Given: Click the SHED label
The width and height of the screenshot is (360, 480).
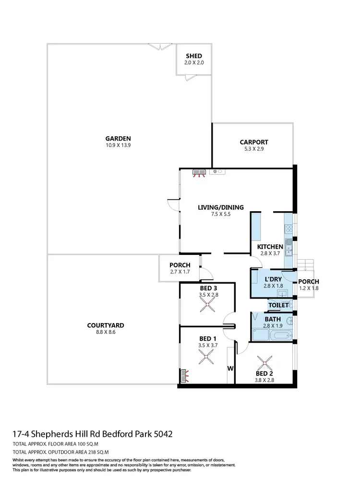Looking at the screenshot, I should point(193,56).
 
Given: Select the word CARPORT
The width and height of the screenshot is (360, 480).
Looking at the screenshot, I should point(254,142).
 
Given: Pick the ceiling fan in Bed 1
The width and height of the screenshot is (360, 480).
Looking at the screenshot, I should point(207,357).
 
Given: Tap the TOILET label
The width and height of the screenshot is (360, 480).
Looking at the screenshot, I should point(278,305).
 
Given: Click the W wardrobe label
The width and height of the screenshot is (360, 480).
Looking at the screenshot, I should point(230,369).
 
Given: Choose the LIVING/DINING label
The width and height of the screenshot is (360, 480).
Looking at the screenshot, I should point(221,207).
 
